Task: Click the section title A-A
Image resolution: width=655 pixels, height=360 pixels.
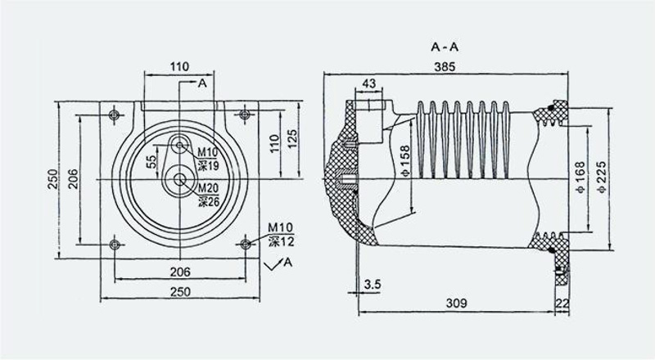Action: click(x=445, y=47)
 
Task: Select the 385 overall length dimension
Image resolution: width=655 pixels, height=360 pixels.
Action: click(x=445, y=66)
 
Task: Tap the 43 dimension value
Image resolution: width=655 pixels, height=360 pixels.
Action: click(x=369, y=83)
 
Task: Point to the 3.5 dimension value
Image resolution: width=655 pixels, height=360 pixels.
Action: click(x=373, y=285)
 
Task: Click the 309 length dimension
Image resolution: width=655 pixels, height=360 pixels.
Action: click(x=456, y=303)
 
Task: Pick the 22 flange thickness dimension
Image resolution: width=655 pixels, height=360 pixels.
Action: click(x=563, y=304)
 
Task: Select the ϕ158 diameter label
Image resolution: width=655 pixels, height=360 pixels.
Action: click(x=404, y=160)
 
